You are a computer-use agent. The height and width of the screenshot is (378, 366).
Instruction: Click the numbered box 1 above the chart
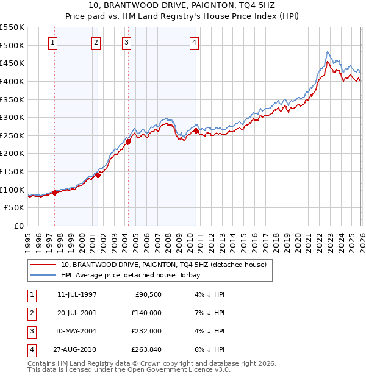[53, 42]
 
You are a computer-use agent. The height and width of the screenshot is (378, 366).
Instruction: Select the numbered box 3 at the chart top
[126, 42]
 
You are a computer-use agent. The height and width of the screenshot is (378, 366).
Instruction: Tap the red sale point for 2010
[196, 130]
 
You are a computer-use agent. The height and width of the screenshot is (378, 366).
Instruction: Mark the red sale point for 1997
[55, 193]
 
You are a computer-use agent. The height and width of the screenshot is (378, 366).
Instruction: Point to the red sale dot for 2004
[129, 142]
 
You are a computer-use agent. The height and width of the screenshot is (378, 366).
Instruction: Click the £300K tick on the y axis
[12, 117]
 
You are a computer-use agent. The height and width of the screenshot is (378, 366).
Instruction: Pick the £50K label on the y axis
[15, 207]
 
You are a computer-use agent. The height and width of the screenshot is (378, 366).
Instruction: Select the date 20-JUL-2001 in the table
[77, 312]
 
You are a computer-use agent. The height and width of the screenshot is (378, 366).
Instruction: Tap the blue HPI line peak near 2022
[328, 52]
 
